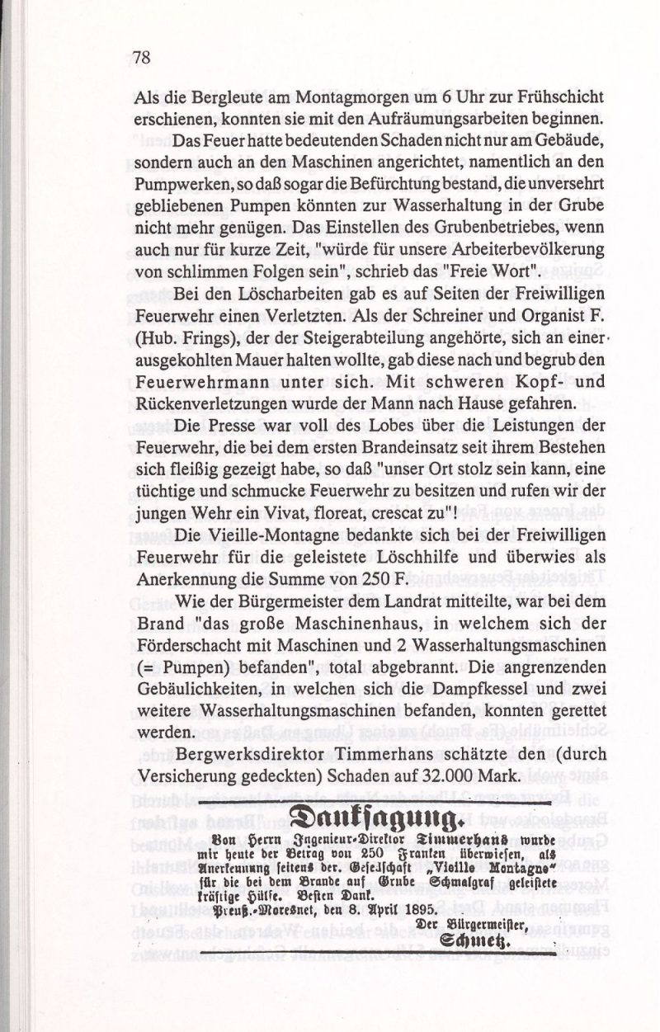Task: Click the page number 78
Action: pos(141,57)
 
